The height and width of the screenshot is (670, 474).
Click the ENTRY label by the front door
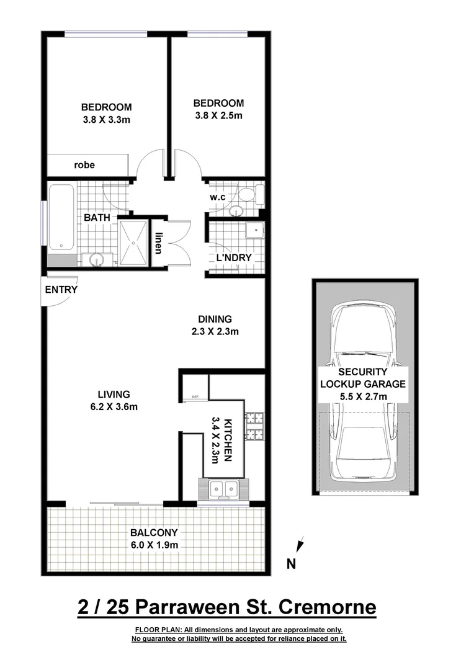61,290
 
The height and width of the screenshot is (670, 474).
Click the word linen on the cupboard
159,242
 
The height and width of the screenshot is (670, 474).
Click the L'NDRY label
233,257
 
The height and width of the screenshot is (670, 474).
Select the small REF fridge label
195,397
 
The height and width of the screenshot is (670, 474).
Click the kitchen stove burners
255,426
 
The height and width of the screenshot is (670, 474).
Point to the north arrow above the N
300,545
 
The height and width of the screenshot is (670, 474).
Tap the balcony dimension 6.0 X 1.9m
154,545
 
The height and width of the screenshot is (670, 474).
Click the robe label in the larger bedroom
84,165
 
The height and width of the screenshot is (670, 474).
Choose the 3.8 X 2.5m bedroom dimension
218,115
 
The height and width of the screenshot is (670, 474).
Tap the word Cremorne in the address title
326,606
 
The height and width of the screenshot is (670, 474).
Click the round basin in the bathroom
96,259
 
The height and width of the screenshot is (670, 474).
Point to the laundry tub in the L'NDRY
254,231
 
